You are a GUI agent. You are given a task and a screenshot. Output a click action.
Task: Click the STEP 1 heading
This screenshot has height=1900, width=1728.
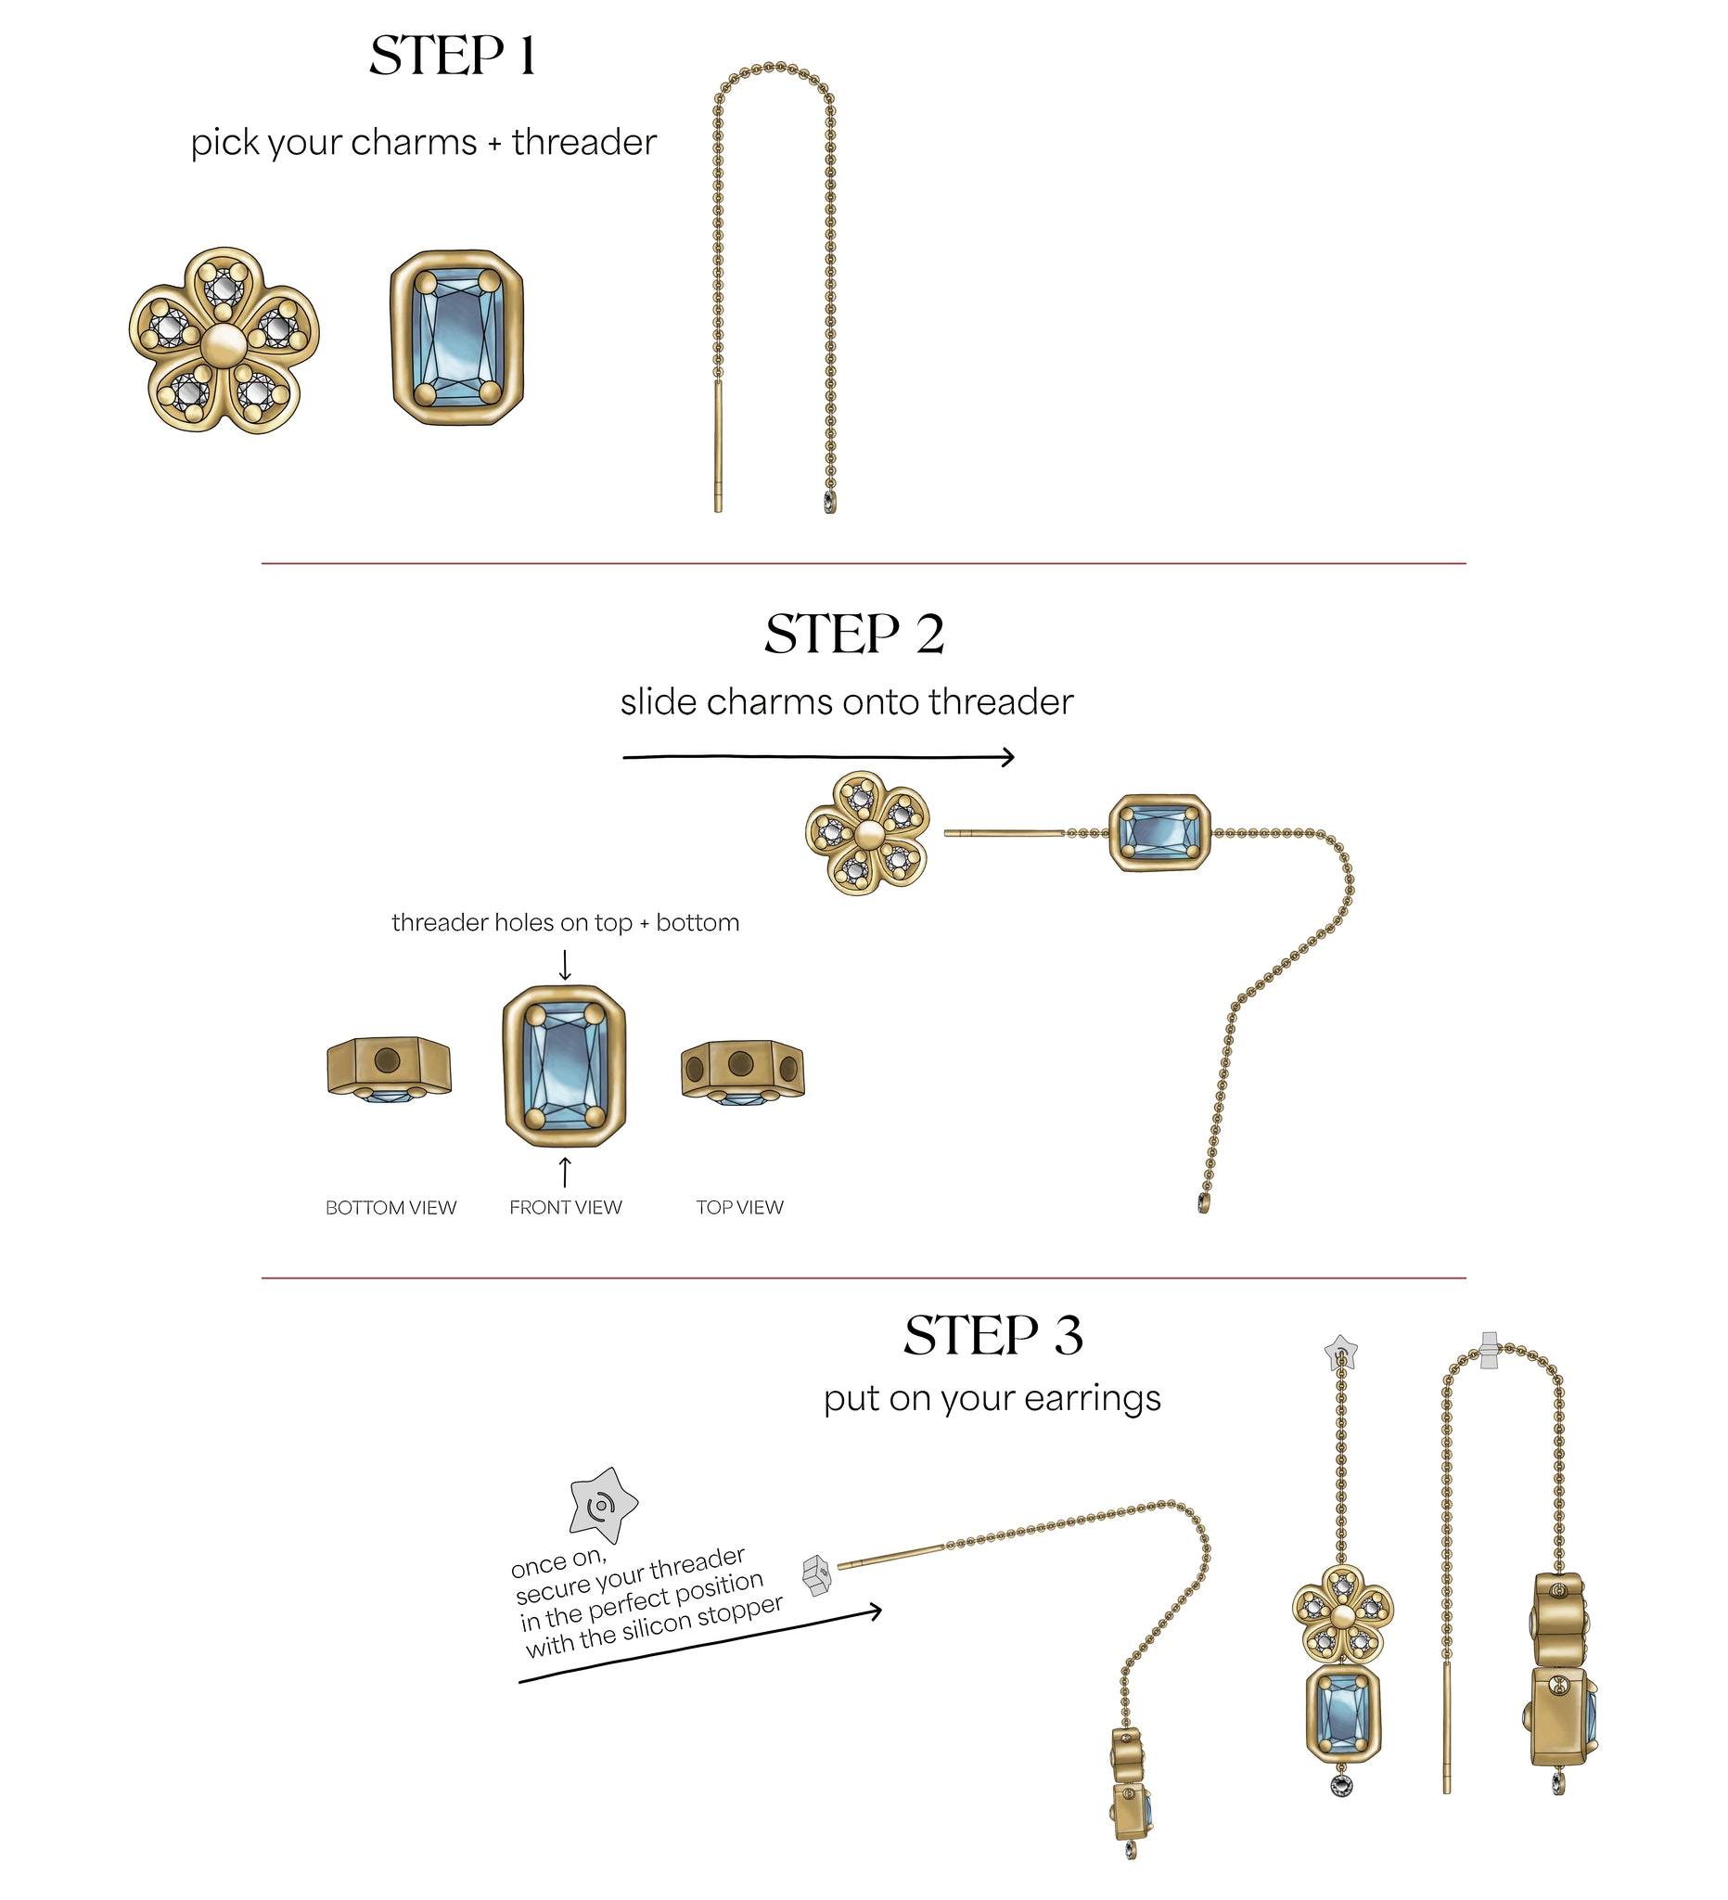tap(453, 56)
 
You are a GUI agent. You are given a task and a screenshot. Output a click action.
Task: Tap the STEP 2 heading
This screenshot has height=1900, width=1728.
tap(853, 634)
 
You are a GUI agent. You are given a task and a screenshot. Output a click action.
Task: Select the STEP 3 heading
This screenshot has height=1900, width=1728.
tap(993, 1335)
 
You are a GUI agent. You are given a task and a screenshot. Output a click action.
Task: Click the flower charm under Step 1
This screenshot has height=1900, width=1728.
tap(224, 340)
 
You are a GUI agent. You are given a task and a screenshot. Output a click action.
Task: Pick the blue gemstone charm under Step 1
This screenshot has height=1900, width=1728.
tap(457, 338)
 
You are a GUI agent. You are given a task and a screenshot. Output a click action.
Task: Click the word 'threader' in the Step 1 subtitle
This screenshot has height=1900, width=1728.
tap(584, 142)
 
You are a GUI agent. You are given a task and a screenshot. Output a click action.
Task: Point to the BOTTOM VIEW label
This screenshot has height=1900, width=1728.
tap(391, 1207)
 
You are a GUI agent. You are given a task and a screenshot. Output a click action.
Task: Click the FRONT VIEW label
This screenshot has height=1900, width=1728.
tap(565, 1207)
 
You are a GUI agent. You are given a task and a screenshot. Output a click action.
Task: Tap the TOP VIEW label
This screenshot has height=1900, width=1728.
tap(739, 1207)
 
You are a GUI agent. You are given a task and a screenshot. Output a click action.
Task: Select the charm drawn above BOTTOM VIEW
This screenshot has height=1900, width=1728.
tap(390, 1070)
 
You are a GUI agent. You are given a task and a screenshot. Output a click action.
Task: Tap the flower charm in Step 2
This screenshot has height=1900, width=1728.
tap(868, 832)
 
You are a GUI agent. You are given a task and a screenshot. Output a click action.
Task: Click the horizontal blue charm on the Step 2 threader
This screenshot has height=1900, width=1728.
tap(1158, 832)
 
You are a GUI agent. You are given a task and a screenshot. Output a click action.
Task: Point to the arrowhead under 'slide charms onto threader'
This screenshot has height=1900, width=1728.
tap(1008, 757)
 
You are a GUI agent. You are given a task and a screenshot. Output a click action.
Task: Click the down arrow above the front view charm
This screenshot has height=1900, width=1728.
tap(565, 965)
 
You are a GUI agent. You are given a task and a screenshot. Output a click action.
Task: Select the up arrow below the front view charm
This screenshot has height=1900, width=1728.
tap(565, 1173)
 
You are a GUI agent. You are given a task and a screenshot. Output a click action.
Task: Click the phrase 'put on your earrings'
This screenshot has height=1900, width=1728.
tap(992, 1399)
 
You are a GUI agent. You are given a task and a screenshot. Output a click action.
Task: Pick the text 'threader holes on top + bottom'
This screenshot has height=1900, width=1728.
tap(565, 923)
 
